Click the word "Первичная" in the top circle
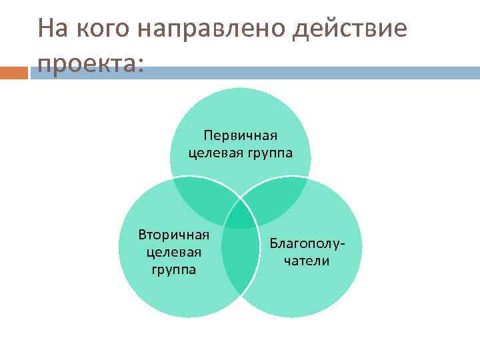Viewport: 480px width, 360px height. [x=241, y=137]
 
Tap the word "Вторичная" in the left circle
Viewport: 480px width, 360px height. [x=174, y=235]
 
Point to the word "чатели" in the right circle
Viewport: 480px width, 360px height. [x=307, y=261]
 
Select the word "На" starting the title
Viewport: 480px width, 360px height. [x=52, y=29]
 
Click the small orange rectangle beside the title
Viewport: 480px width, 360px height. [x=14, y=72]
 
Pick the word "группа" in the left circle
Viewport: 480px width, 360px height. [x=173, y=269]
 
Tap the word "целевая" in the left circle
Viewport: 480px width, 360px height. [x=173, y=252]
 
